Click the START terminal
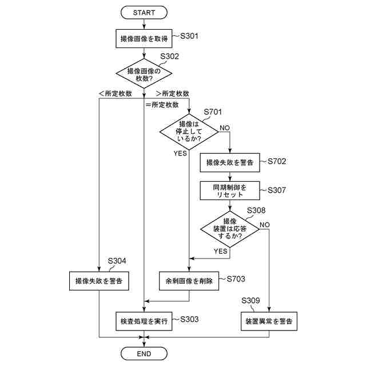144,12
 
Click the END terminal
144,353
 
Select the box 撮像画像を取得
144,39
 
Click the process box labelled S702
230,162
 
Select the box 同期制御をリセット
230,190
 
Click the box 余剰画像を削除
189,280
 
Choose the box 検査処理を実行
144,321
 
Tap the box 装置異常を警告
269,321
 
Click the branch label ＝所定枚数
162,105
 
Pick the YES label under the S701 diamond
180,153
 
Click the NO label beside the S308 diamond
264,224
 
